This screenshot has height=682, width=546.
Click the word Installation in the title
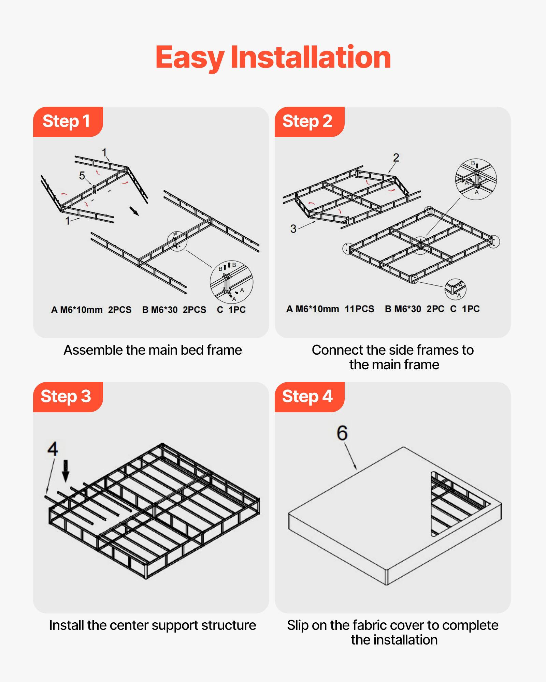point(311,57)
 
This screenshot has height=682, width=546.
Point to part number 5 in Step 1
point(82,176)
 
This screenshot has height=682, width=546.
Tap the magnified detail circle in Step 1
point(231,282)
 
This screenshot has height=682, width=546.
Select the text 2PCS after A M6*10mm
point(120,310)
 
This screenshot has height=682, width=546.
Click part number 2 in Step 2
point(396,158)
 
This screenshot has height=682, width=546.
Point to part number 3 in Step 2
point(293,228)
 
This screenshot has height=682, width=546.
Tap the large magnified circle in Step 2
point(476,179)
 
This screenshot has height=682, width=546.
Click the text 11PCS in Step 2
point(359,309)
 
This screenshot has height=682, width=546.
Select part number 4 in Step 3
point(53,449)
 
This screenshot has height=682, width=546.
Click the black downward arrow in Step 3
point(66,471)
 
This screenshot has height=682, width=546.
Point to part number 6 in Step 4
point(342,433)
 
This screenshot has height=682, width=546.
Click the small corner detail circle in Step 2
point(455,289)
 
